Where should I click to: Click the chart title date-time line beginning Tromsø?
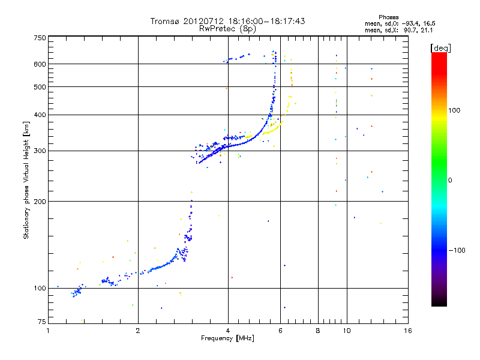tap(228, 21)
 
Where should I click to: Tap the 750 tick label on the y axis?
tap(40, 37)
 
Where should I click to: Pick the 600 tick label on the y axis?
tap(40, 64)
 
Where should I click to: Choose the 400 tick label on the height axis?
tap(40, 115)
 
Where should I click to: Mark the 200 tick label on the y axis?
tap(40, 201)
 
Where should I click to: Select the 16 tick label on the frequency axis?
tap(407, 331)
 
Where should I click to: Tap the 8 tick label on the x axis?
tap(318, 331)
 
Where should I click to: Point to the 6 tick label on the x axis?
tap(280, 331)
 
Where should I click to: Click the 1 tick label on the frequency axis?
tap(48, 331)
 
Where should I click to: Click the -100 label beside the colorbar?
tap(459, 250)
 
